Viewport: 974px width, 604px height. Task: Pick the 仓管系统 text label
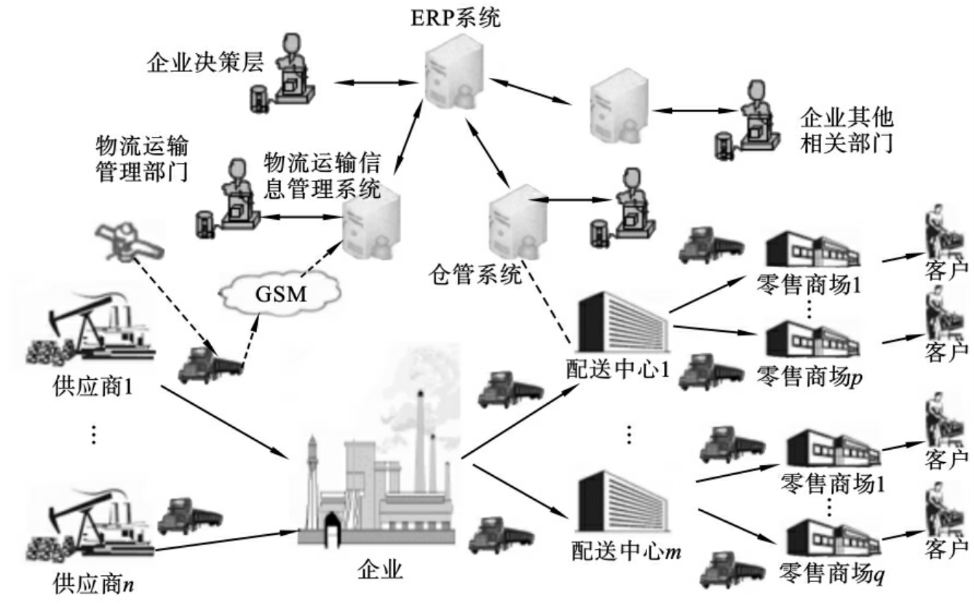point(475,276)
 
